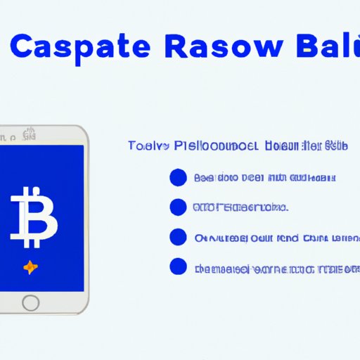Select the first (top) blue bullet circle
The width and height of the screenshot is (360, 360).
pos(178,178)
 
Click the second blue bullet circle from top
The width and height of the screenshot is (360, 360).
pos(178,207)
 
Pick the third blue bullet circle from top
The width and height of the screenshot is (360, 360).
pos(178,237)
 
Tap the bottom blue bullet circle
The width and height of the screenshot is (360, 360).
pos(178,267)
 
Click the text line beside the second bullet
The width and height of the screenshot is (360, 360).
pos(240,208)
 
